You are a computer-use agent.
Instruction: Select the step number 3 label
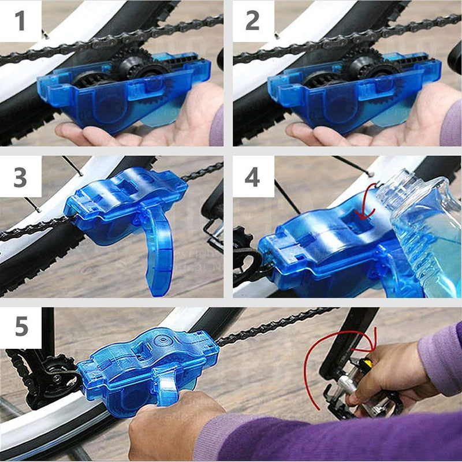click(x=20, y=177)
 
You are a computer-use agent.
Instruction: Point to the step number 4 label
click(x=253, y=177)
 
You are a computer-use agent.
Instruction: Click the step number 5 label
click(x=21, y=327)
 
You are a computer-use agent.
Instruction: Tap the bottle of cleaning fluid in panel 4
click(x=424, y=231)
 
